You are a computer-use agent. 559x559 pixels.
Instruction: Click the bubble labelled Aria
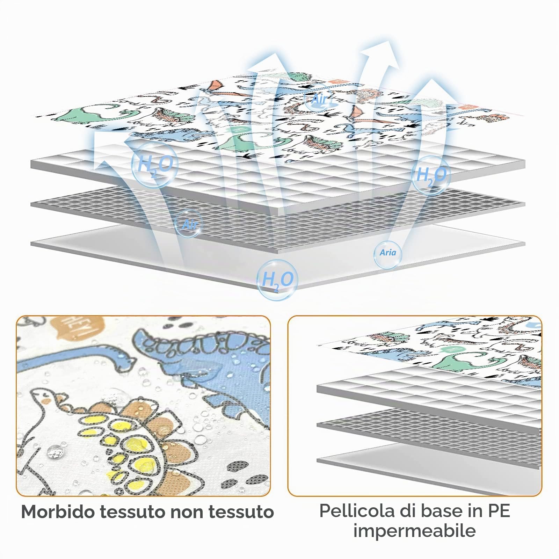[388, 253]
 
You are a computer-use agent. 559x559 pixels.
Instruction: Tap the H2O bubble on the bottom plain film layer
[277, 280]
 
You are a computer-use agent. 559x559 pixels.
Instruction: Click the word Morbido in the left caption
[58, 512]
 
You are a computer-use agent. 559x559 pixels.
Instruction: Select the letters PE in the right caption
[497, 511]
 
